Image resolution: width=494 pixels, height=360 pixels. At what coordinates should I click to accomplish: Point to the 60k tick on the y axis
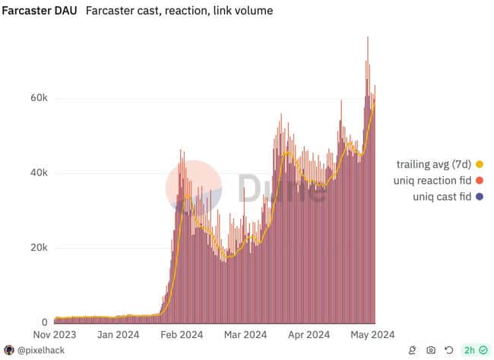39,99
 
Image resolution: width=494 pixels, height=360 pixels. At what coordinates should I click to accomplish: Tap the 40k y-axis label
39,173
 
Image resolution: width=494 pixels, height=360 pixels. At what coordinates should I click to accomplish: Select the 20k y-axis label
39,248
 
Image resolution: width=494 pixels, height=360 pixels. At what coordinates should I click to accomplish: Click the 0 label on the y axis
45,323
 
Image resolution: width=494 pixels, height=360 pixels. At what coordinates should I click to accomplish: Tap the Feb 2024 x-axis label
181,334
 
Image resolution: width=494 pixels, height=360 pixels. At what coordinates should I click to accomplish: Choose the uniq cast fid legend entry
441,197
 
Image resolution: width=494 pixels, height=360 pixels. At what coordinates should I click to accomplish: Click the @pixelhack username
43,350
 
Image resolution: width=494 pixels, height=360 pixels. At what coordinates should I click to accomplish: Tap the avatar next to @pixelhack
9,350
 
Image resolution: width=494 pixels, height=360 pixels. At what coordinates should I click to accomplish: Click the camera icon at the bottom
431,350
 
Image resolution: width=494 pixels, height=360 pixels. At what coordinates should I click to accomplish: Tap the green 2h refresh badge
475,350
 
